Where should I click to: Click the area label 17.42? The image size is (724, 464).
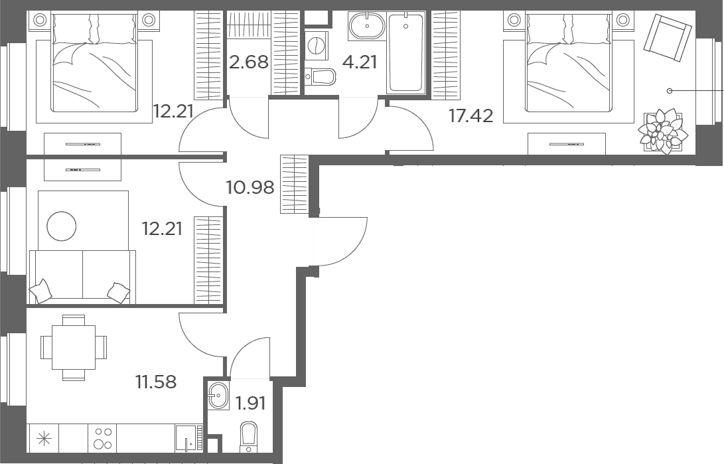pyautogui.click(x=471, y=116)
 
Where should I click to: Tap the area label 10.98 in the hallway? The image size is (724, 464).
pyautogui.click(x=250, y=187)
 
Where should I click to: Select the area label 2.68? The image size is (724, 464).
pyautogui.click(x=249, y=62)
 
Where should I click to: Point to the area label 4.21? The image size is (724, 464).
pyautogui.click(x=360, y=62)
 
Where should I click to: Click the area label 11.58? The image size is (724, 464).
pyautogui.click(x=155, y=382)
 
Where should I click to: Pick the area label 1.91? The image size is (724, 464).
pyautogui.click(x=251, y=404)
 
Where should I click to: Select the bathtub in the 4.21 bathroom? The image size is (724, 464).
pyautogui.click(x=406, y=53)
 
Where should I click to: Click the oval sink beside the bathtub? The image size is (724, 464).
pyautogui.click(x=367, y=27)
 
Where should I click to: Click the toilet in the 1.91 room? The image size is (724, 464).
pyautogui.click(x=248, y=437)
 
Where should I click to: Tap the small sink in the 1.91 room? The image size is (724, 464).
pyautogui.click(x=218, y=396)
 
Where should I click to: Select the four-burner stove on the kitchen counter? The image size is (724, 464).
pyautogui.click(x=103, y=438)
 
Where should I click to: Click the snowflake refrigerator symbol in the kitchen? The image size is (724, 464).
pyautogui.click(x=44, y=438)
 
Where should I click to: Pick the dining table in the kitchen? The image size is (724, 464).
pyautogui.click(x=74, y=347)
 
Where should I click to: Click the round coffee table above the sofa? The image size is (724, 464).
pyautogui.click(x=62, y=226)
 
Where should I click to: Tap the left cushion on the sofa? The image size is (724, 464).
pyautogui.click(x=41, y=291)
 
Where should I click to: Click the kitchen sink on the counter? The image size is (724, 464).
pyautogui.click(x=188, y=438)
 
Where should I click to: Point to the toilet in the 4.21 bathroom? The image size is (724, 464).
pyautogui.click(x=320, y=76)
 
